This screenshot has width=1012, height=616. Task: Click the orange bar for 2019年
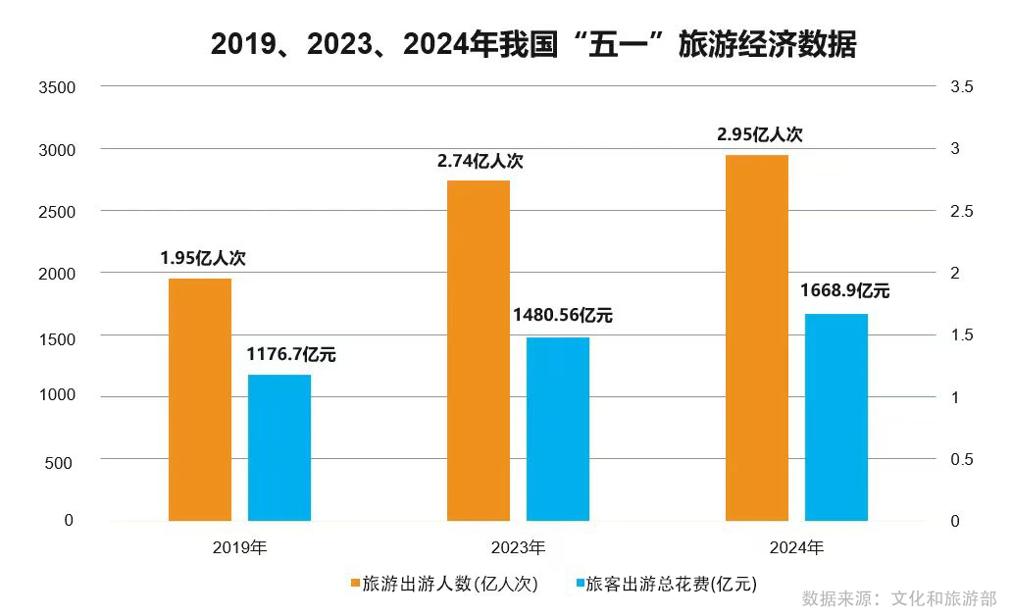(x=200, y=399)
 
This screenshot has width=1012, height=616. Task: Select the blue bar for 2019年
(x=279, y=447)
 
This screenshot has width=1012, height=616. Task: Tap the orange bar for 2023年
(x=479, y=350)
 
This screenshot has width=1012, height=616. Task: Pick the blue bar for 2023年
(x=558, y=429)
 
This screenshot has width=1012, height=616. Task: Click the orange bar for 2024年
(x=757, y=337)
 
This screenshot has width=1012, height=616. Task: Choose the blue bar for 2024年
(x=836, y=417)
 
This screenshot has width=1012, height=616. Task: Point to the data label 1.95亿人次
(x=203, y=260)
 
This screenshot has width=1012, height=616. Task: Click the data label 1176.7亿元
(x=291, y=355)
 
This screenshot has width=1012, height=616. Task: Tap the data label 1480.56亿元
(x=563, y=316)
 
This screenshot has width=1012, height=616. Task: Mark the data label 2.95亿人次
(x=760, y=135)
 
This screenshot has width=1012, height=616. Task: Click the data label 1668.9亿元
(x=845, y=291)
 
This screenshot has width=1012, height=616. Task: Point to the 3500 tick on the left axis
(x=56, y=87)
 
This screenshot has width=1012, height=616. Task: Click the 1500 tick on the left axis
(x=56, y=335)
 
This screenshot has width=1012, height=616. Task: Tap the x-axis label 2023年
(x=518, y=547)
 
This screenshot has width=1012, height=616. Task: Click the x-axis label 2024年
(x=796, y=547)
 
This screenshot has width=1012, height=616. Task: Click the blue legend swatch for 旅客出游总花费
(x=578, y=585)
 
